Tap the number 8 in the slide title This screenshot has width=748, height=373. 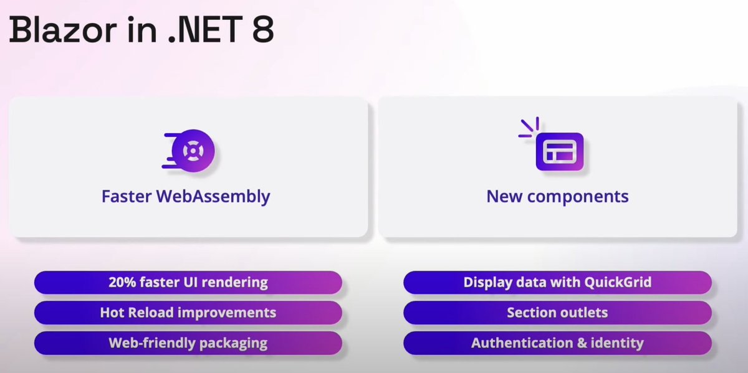point(262,30)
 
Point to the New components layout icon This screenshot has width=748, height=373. point(559,152)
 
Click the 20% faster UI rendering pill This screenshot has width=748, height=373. point(188,282)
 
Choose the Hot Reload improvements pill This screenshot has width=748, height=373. point(188,313)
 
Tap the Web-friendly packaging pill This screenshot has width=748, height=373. point(188,343)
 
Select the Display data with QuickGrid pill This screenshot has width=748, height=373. point(557,282)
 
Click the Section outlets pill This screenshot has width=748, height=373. point(557,313)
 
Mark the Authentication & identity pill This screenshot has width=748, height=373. point(557,343)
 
